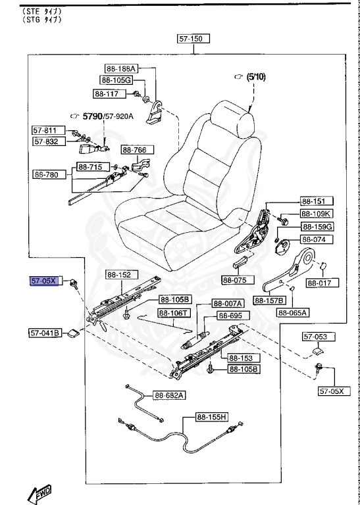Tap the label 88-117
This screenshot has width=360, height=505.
coord(105,94)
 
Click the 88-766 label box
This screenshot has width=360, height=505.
coord(135,150)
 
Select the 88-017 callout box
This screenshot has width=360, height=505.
coord(322,284)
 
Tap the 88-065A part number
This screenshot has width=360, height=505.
coord(294,313)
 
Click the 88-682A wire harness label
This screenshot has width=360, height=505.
coord(170,395)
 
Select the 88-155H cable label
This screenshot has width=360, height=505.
coord(211,417)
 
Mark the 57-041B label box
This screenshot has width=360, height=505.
coord(45,333)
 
